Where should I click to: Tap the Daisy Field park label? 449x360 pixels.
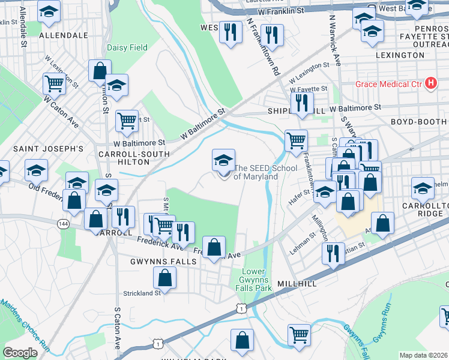[x=127, y=47]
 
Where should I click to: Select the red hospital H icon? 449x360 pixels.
[x=430, y=83]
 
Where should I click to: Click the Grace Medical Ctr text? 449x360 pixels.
[x=388, y=83]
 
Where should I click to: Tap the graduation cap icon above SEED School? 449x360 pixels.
[x=223, y=160]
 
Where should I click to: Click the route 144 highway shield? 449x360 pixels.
[x=62, y=223]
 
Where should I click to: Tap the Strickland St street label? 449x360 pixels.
[x=142, y=293]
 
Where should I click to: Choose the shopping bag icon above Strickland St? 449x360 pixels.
[x=164, y=277]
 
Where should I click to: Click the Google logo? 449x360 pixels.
[x=20, y=352]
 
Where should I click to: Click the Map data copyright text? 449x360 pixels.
[x=423, y=355]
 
